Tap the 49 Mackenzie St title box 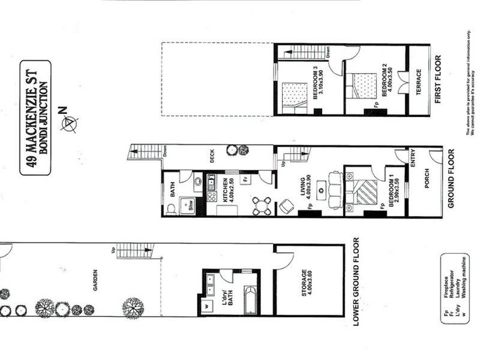tap(35, 117)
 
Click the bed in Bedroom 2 tap(364, 85)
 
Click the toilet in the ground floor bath tap(170, 208)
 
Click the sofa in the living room tap(335, 190)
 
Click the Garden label tap(95, 280)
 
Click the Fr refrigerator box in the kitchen tap(245, 179)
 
